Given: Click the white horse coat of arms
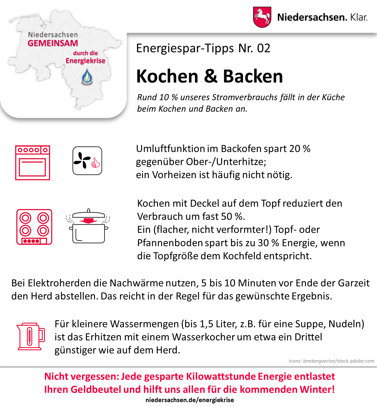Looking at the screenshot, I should pyautogui.click(x=262, y=17).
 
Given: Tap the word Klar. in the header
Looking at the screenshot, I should pyautogui.click(x=359, y=17).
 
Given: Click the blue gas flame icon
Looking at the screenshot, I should pyautogui.click(x=87, y=77).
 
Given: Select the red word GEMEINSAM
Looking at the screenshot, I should pyautogui.click(x=53, y=43).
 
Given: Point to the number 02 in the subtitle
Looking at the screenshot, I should pyautogui.click(x=264, y=48).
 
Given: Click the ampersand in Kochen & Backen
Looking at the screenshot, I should pyautogui.click(x=211, y=76).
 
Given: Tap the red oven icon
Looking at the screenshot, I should pyautogui.click(x=33, y=163).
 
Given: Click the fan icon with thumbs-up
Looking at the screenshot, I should pyautogui.click(x=87, y=161).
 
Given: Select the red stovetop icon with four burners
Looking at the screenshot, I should pyautogui.click(x=34, y=227).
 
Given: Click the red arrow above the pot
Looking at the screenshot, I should pyautogui.click(x=88, y=221).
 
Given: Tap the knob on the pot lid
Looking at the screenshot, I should pyautogui.click(x=89, y=211).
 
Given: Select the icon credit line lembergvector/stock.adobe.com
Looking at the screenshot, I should pyautogui.click(x=331, y=361).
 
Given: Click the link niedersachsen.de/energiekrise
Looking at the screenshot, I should pyautogui.click(x=190, y=400).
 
